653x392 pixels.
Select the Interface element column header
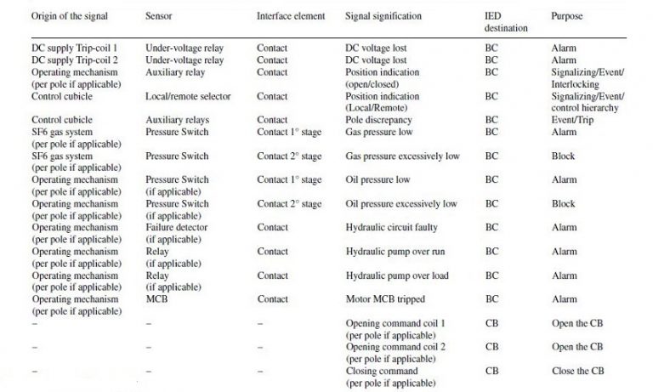pyautogui.click(x=291, y=16)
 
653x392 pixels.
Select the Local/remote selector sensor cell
pyautogui.click(x=188, y=97)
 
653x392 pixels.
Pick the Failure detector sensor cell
pyautogui.click(x=177, y=228)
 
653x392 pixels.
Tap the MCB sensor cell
pyautogui.click(x=157, y=299)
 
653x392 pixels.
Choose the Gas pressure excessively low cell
pyautogui.click(x=402, y=156)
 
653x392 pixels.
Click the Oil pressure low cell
pyautogui.click(x=378, y=180)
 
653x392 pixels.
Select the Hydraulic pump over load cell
pyautogui.click(x=397, y=276)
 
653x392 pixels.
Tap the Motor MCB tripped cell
pyautogui.click(x=385, y=299)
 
